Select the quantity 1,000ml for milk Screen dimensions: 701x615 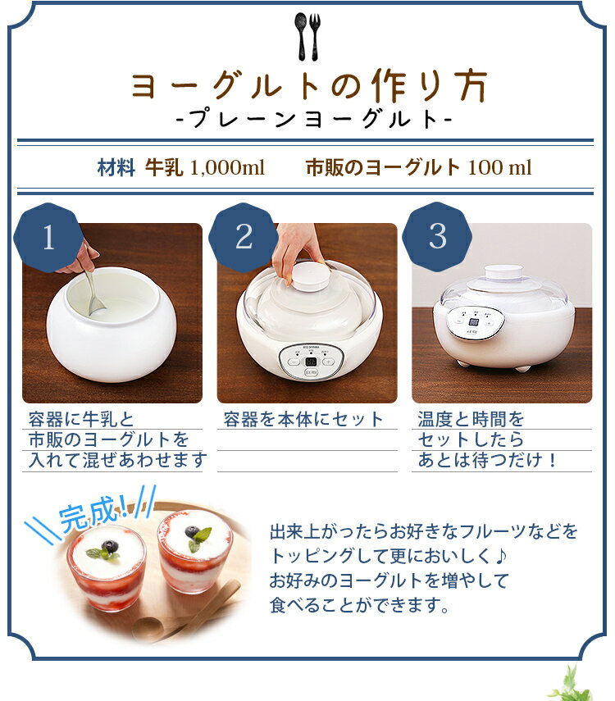[227, 168]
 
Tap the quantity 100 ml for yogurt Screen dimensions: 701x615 [499, 168]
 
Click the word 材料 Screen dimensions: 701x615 [116, 168]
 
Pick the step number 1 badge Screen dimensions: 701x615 [48, 238]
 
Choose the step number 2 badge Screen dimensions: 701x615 [244, 238]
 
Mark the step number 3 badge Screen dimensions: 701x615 [438, 237]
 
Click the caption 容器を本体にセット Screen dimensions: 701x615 [304, 420]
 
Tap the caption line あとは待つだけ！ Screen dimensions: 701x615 [488, 461]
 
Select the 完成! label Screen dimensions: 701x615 [91, 514]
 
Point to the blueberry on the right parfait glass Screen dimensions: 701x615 [193, 532]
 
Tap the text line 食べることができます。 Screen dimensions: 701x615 [360, 607]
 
